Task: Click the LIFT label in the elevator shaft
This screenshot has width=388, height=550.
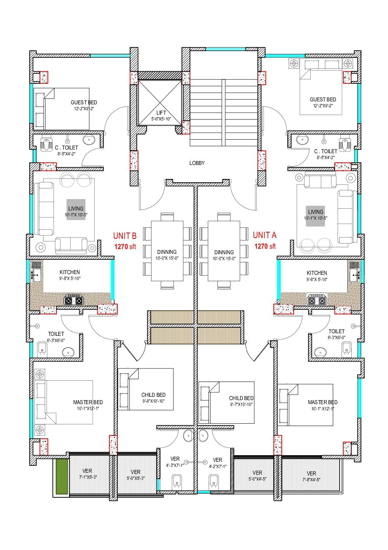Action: [161, 113]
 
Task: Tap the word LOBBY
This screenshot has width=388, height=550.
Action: [197, 163]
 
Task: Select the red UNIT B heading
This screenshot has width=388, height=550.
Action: [125, 236]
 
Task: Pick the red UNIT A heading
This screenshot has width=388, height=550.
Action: [265, 235]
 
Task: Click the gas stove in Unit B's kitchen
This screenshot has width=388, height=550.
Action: [74, 300]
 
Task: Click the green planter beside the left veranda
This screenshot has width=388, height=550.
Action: [62, 477]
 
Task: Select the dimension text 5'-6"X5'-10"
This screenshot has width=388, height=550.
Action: [161, 119]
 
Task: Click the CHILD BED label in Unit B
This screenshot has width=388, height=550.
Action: [153, 395]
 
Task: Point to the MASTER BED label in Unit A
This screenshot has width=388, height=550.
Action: [323, 402]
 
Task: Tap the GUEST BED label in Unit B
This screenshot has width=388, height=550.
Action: [84, 103]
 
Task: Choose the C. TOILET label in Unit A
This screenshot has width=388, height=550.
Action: [326, 151]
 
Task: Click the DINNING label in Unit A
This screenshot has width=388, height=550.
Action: [224, 252]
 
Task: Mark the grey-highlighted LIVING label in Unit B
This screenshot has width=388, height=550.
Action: [76, 208]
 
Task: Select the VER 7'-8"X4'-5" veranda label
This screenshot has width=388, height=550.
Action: [311, 477]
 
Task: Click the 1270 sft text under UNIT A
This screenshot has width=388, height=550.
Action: [265, 246]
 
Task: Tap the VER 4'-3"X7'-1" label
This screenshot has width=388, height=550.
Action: [175, 461]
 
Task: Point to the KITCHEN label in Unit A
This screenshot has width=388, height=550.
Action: [317, 273]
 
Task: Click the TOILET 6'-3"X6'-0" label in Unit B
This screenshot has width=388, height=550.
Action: [56, 337]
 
